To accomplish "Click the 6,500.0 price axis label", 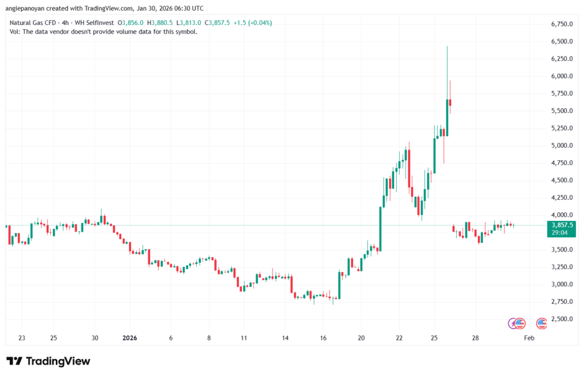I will pyautogui.click(x=561, y=42).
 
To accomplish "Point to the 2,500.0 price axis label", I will pyautogui.click(x=561, y=319).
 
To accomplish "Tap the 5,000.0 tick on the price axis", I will pyautogui.click(x=561, y=145).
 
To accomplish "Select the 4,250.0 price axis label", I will pyautogui.click(x=561, y=197).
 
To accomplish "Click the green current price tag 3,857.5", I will pyautogui.click(x=561, y=225).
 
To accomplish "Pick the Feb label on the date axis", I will pyautogui.click(x=529, y=338).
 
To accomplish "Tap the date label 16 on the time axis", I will pyautogui.click(x=323, y=338).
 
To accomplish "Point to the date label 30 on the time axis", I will pyautogui.click(x=95, y=338).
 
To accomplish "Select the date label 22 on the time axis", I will pyautogui.click(x=399, y=338).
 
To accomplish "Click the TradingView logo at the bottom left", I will pyautogui.click(x=48, y=361).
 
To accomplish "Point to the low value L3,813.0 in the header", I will pyautogui.click(x=188, y=23).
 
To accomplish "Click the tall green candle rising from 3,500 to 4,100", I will pyautogui.click(x=380, y=228).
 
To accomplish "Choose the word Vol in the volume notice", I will pyautogui.click(x=15, y=32).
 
